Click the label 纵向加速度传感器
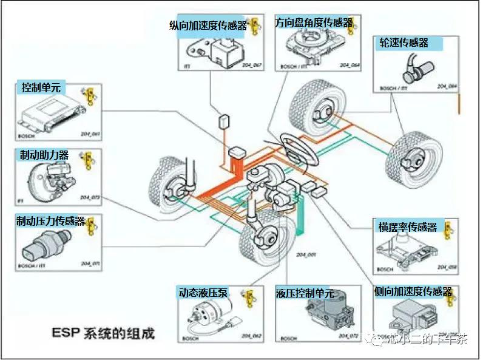click(x=209, y=25)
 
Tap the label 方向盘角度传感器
click(x=313, y=22)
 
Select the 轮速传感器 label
click(x=404, y=42)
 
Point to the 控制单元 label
click(x=41, y=88)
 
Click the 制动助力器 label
click(x=44, y=155)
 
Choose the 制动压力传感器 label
click(x=51, y=222)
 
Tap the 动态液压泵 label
click(x=203, y=292)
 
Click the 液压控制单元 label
click(x=305, y=293)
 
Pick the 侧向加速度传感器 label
click(x=413, y=292)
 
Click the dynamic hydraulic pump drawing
click(x=208, y=316)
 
